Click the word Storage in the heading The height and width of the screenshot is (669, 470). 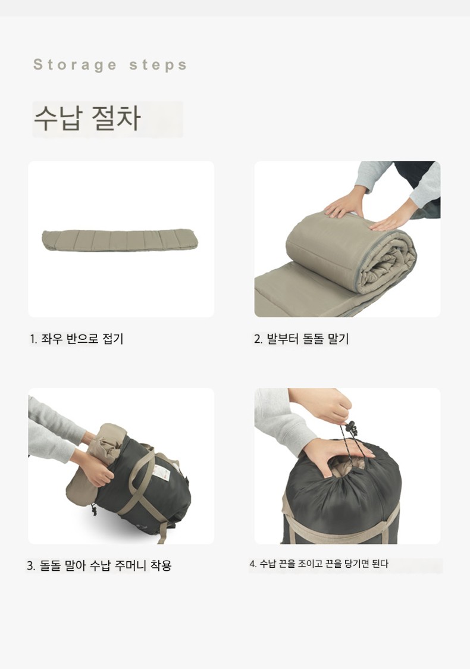(75, 65)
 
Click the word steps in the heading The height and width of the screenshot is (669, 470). (158, 65)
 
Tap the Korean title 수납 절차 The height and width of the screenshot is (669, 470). (87, 118)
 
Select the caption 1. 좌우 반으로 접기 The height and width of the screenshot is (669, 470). (76, 339)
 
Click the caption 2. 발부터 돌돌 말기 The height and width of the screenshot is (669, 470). (302, 339)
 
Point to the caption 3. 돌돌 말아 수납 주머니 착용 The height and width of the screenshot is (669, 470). (99, 566)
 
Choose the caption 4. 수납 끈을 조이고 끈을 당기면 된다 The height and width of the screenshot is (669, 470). (319, 564)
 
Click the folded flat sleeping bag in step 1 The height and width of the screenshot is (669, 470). (120, 240)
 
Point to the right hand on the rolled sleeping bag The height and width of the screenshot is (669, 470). (389, 221)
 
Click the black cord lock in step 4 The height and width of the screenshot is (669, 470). (351, 427)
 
